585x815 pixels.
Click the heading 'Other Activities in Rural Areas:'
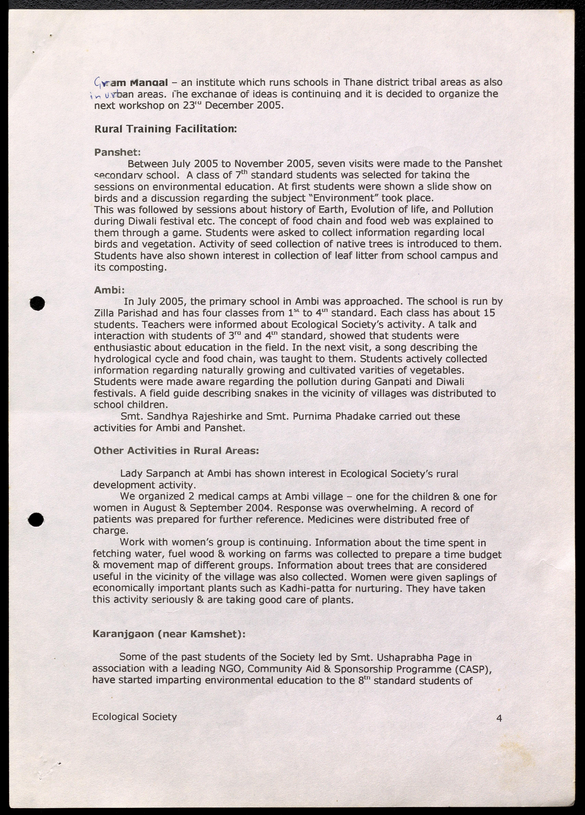[176, 451]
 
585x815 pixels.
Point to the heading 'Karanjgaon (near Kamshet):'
[169, 634]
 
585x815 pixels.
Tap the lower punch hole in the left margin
[36, 520]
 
